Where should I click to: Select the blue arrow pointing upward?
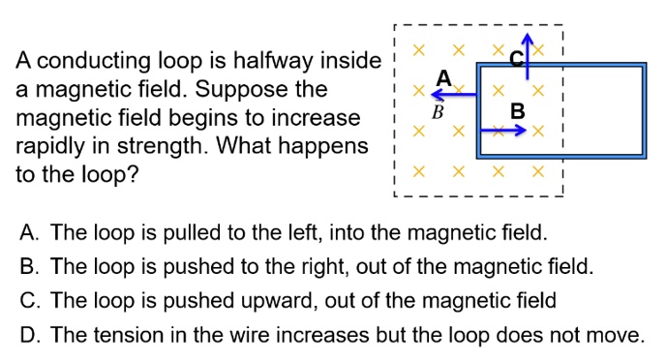pyautogui.click(x=526, y=48)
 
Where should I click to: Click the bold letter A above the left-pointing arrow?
pyautogui.click(x=444, y=76)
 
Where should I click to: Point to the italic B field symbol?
pyautogui.click(x=437, y=112)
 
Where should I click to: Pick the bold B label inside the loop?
pyautogui.click(x=518, y=111)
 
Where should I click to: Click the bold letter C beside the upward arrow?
pyautogui.click(x=516, y=59)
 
